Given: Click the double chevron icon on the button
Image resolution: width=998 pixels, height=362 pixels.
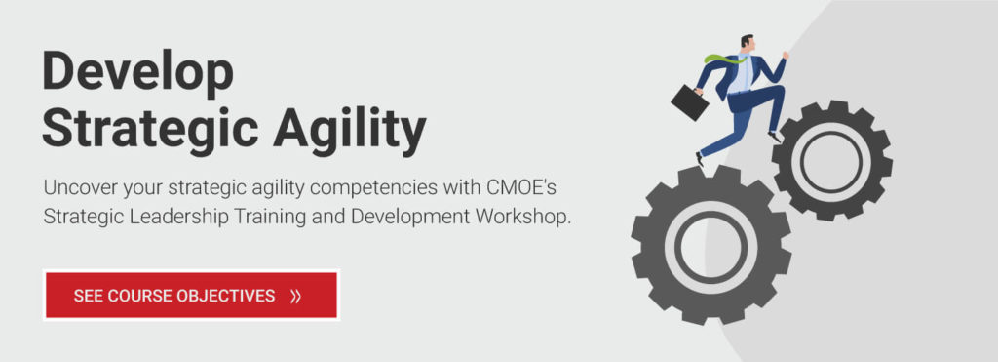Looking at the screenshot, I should (x=296, y=296).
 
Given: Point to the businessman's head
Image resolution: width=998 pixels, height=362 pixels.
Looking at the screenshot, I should (x=748, y=45).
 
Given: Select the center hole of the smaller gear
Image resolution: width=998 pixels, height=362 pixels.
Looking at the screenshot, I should (x=831, y=159).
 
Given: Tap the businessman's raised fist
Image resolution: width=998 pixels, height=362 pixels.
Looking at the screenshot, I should (x=786, y=56).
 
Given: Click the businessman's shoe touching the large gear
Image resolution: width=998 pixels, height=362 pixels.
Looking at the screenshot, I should (x=700, y=158).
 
